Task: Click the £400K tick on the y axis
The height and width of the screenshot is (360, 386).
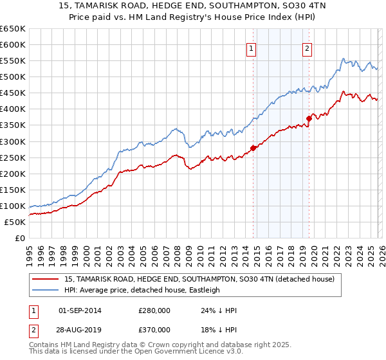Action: coord(13,109)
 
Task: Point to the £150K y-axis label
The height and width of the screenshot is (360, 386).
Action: coord(13,190)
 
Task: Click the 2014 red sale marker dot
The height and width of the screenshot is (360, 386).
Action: coord(253,148)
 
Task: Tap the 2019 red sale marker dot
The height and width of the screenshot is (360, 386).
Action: coord(309,118)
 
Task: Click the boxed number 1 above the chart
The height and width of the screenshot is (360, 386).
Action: coord(251,48)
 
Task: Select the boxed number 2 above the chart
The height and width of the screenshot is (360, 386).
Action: coord(308,48)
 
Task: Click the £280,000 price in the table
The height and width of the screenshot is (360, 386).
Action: coord(155,310)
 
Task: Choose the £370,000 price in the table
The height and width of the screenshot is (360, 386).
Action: coord(155,329)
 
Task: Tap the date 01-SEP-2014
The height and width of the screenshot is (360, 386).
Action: coord(80,310)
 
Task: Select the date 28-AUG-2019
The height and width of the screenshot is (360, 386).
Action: coord(80,329)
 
